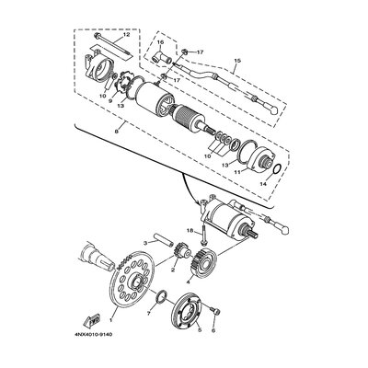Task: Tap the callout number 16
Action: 158,42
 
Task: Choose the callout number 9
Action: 110,102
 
